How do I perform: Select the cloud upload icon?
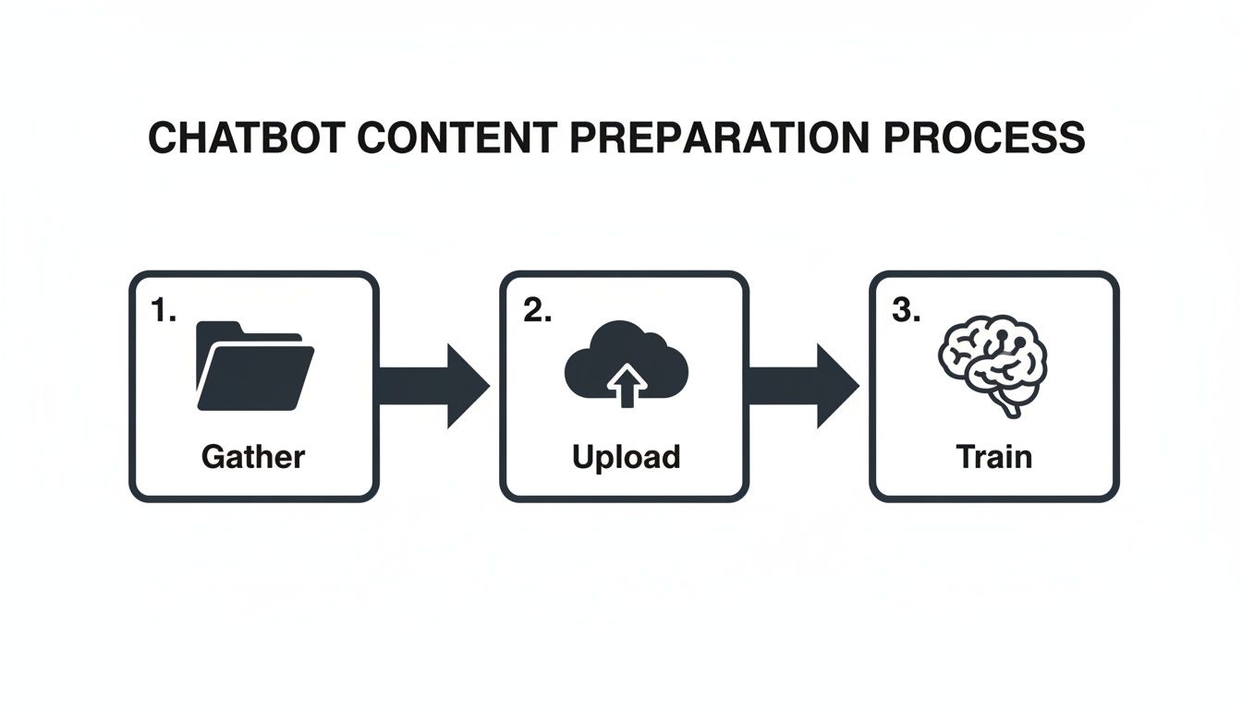626,366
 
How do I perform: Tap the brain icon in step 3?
993,360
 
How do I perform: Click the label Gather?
253,456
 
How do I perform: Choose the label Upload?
626,456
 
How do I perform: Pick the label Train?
994,456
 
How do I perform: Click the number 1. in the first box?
163,313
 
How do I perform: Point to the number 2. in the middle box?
537,313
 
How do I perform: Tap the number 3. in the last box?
907,313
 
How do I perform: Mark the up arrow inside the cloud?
627,385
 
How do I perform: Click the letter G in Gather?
213,456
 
